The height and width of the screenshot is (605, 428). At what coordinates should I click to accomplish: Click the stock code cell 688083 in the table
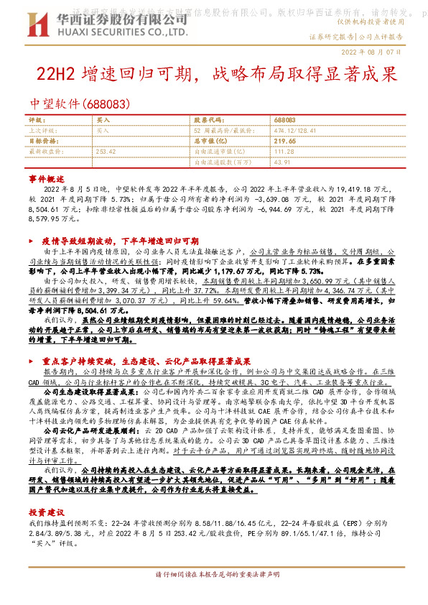(284, 120)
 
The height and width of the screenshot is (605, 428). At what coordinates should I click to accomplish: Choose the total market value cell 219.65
(285, 141)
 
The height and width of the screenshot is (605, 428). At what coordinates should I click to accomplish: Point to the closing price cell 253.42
(106, 152)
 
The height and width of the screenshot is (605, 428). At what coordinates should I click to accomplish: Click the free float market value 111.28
(284, 152)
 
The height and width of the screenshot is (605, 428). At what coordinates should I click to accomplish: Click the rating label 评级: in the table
(37, 120)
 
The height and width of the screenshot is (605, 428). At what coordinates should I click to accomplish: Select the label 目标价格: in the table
(40, 141)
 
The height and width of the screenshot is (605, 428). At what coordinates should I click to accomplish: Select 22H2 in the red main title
(60, 74)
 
